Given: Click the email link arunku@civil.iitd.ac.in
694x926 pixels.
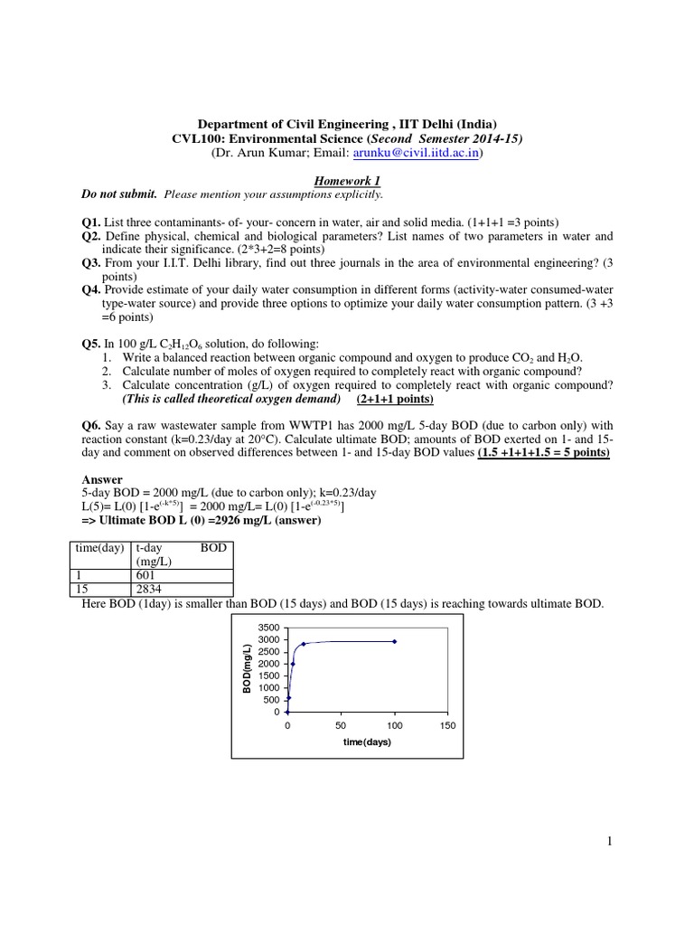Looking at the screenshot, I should point(411,155).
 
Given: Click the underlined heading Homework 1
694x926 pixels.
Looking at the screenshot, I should point(346,181).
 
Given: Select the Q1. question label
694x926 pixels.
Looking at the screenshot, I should point(91,222).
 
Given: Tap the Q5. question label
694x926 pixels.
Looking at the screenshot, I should point(91,345).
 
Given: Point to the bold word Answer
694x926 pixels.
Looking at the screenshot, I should point(102,479).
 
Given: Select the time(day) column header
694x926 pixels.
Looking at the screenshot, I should point(99,549).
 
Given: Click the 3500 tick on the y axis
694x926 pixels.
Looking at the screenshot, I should point(268,627).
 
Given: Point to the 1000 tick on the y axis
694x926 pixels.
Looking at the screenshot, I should point(268,687).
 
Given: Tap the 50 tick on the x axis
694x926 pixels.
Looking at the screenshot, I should point(341,725).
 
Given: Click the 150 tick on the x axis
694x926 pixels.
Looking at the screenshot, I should point(447,725).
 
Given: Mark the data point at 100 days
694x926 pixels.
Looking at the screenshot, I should point(394,641).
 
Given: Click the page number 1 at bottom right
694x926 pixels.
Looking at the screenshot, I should point(610,842).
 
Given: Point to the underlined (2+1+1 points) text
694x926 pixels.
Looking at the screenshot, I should point(395,399).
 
